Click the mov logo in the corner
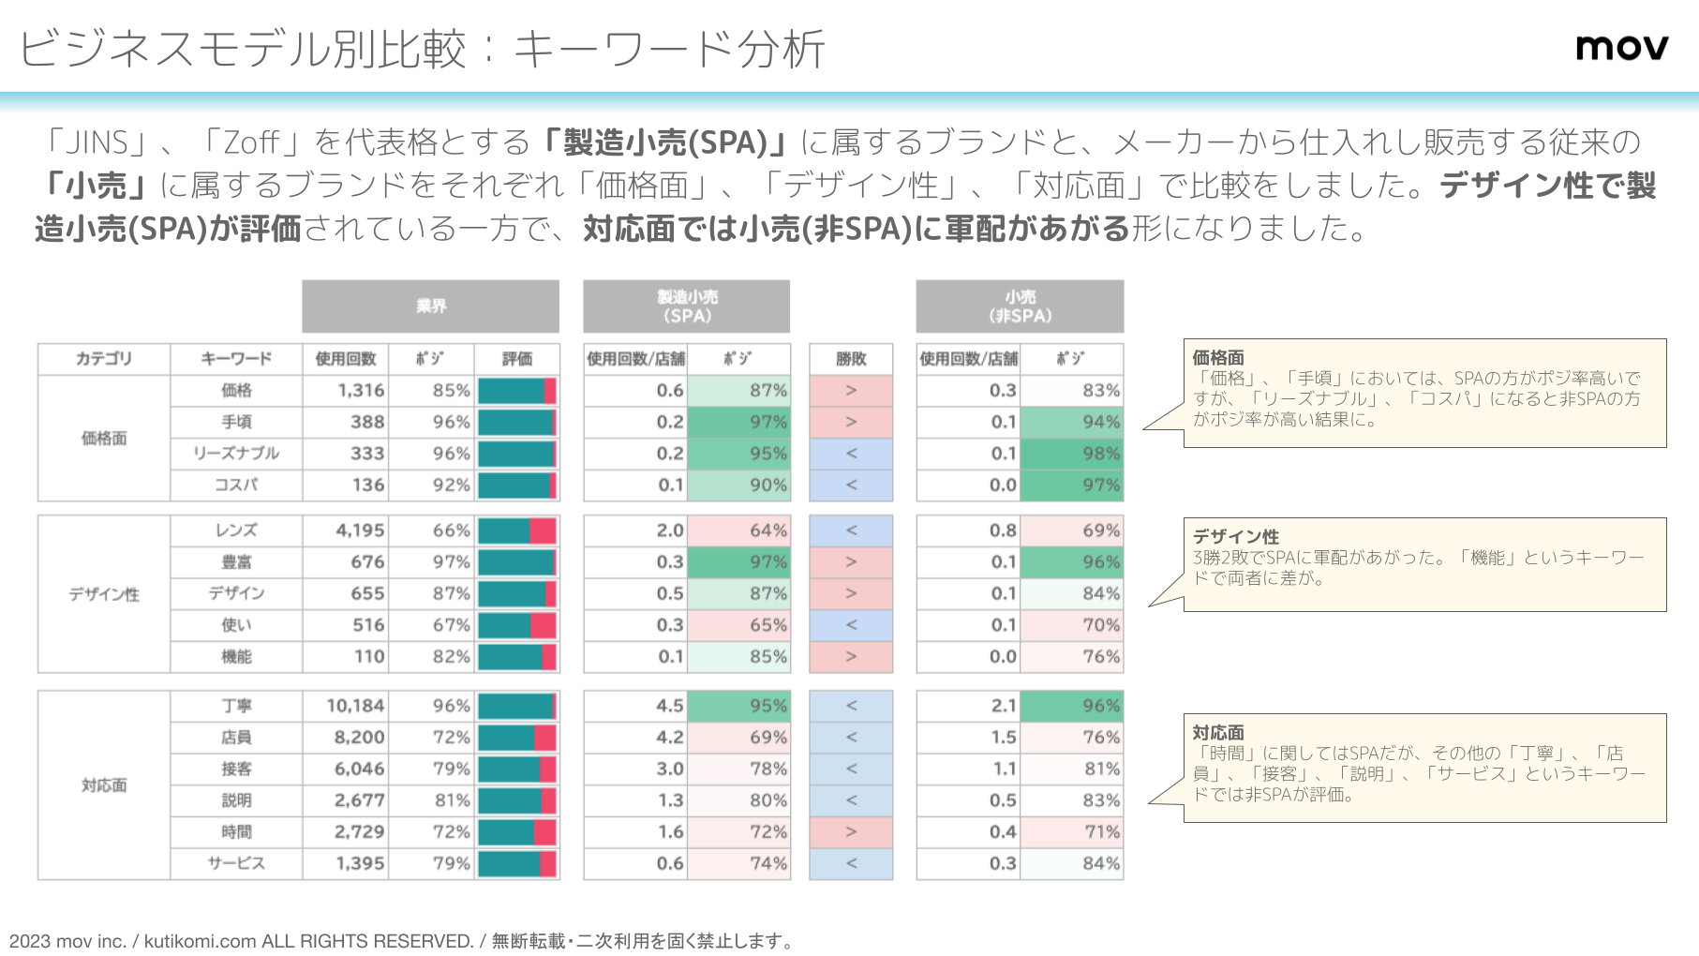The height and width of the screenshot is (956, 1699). pos(1621,47)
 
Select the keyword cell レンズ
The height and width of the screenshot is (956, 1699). pos(236,530)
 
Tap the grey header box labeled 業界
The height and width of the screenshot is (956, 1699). pos(430,306)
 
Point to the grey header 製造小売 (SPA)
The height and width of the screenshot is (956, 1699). pos(686,306)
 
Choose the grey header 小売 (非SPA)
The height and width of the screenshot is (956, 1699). pos(1020,306)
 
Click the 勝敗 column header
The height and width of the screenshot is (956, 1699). pos(851,359)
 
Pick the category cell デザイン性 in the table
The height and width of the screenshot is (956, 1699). pos(104,594)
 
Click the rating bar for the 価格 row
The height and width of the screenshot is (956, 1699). pos(517,391)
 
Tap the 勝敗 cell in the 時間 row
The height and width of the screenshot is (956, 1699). pos(851,832)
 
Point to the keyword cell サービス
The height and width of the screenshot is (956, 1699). pos(236,863)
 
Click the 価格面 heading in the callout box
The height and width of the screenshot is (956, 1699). pos(1218,357)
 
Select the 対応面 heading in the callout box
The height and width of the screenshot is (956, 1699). pos(1218,732)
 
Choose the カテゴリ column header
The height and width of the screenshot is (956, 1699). pos(104,359)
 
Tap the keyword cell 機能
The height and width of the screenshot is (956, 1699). pos(236,657)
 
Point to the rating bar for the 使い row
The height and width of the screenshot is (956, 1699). pos(517,625)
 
